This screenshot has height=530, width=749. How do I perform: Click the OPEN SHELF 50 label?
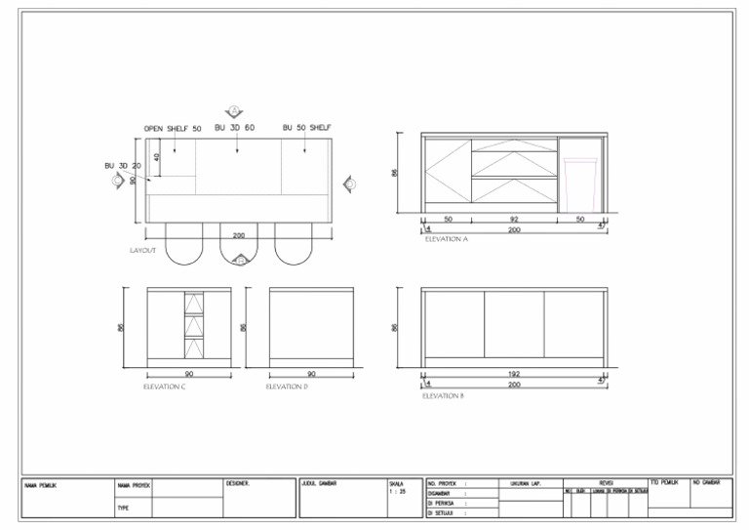pyautogui.click(x=173, y=129)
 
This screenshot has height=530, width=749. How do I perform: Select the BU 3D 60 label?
pyautogui.click(x=234, y=128)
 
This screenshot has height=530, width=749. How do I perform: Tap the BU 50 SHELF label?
pyautogui.click(x=307, y=128)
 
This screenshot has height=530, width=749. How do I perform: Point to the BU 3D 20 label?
pyautogui.click(x=123, y=166)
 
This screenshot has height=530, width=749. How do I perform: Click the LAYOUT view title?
pyautogui.click(x=142, y=251)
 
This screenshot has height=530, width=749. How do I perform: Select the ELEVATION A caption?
pyautogui.click(x=447, y=239)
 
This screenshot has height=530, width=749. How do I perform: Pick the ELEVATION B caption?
pyautogui.click(x=443, y=396)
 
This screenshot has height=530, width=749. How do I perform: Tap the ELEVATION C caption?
pyautogui.click(x=164, y=387)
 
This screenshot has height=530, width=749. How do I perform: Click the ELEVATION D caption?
pyautogui.click(x=287, y=387)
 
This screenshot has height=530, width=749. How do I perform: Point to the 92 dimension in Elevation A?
pyautogui.click(x=514, y=220)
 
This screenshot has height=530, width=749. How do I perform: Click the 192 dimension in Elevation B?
pyautogui.click(x=514, y=374)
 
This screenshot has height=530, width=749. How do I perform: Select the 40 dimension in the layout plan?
pyautogui.click(x=156, y=156)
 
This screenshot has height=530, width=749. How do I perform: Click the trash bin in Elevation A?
pyautogui.click(x=579, y=183)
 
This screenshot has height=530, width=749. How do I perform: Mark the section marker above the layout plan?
pyautogui.click(x=234, y=111)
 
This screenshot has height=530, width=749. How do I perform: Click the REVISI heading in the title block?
pyautogui.click(x=606, y=482)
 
